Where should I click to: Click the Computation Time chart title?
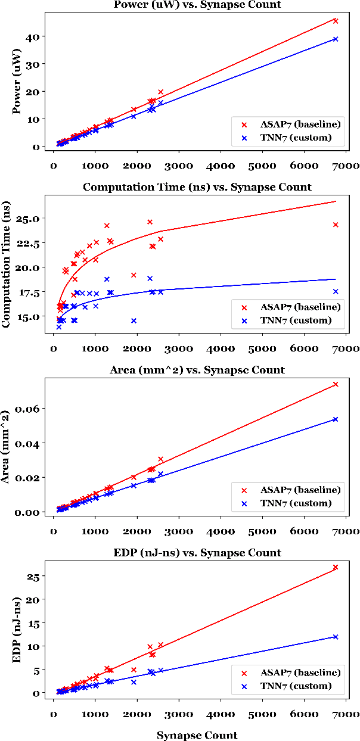tap(197, 187)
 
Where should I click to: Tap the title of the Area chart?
tap(197, 370)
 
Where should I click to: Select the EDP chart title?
tap(197, 553)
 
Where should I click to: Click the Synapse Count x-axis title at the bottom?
tap(197, 735)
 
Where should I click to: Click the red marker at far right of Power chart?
tap(336, 21)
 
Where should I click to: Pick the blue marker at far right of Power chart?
tap(336, 39)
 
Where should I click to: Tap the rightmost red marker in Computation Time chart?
tap(336, 225)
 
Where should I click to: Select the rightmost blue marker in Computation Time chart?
tap(336, 291)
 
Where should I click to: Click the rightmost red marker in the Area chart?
tap(336, 384)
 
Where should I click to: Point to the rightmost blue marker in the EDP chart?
tap(336, 637)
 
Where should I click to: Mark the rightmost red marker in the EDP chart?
tap(336, 567)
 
